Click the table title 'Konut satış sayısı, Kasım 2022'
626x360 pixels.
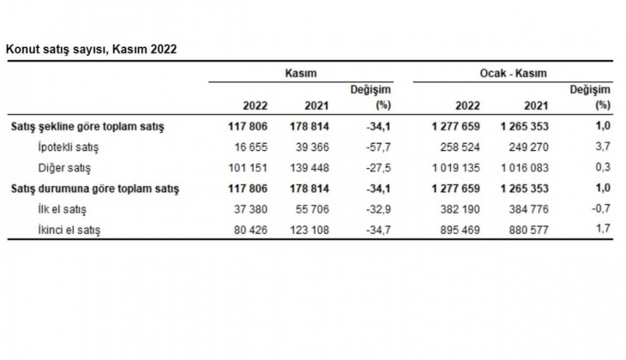point(92,50)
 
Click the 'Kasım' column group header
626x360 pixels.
point(300,75)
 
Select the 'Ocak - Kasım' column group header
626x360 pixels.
point(512,75)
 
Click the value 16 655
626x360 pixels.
point(251,147)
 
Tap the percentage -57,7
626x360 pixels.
point(378,147)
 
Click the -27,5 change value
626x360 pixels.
point(378,168)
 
